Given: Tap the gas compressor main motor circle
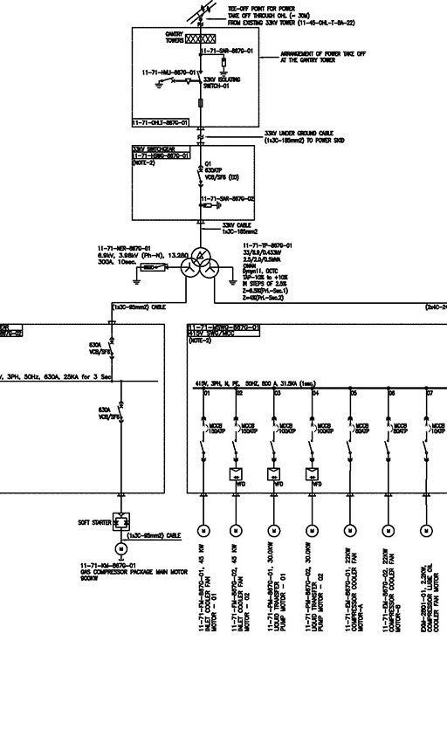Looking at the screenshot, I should pyautogui.click(x=121, y=548).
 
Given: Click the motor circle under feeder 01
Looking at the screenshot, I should pyautogui.click(x=203, y=530).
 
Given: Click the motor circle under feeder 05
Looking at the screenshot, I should pyautogui.click(x=350, y=530).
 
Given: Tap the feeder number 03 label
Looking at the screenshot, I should pyautogui.click(x=277, y=394).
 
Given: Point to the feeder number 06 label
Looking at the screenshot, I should pyautogui.click(x=392, y=394).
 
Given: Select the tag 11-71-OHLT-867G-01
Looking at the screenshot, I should pyautogui.click(x=161, y=123).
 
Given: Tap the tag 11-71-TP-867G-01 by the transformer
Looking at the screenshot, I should pyautogui.click(x=267, y=246).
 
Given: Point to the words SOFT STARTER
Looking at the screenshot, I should pyautogui.click(x=94, y=523).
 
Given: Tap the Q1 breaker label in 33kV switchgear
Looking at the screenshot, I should pyautogui.click(x=208, y=163).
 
